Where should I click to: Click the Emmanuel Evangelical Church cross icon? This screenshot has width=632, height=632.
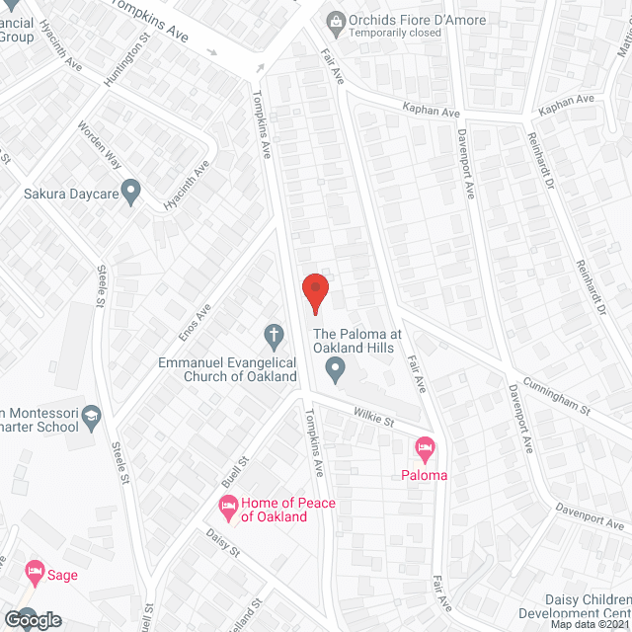[x=273, y=336]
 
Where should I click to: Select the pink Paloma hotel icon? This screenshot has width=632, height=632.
[x=425, y=449]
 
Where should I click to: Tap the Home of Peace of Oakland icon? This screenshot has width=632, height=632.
[x=227, y=510]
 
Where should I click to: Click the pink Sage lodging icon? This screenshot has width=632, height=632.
[x=35, y=573]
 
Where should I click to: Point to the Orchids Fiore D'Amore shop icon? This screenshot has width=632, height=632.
[x=336, y=19]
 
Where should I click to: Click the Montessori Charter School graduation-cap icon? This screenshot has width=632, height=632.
[x=92, y=415]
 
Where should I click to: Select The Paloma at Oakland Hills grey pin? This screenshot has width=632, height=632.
[x=336, y=371]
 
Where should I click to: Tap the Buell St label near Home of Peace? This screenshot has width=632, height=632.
[x=233, y=473]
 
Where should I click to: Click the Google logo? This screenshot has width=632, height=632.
[x=32, y=620]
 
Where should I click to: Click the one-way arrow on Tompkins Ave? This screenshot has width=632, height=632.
[x=261, y=67]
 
